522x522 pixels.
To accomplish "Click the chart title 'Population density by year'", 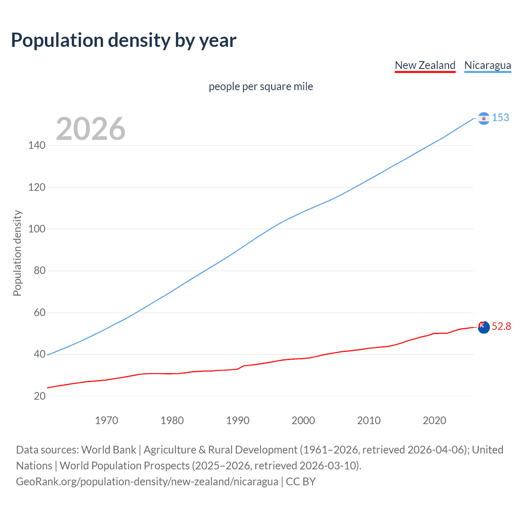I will (x=124, y=40).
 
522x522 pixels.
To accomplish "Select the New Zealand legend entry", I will (x=425, y=65).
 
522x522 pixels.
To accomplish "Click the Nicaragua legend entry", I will (x=487, y=65).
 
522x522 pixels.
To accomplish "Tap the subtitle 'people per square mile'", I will (x=261, y=86).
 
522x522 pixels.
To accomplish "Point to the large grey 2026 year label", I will (x=91, y=129).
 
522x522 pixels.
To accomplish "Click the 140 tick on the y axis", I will (x=37, y=146).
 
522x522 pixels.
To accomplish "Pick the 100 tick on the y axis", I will (x=37, y=229).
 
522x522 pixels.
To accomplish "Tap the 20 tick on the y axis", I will (x=39, y=396).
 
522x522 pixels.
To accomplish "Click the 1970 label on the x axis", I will (x=106, y=420).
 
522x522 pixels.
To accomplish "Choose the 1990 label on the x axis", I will (x=238, y=420).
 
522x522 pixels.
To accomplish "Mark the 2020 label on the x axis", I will (x=434, y=420).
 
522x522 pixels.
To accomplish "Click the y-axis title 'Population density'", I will (x=17, y=253).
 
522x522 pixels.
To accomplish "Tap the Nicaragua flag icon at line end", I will (x=483, y=118).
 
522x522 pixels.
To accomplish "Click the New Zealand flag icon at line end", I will (x=483, y=327).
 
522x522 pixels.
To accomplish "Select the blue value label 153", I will (x=500, y=118).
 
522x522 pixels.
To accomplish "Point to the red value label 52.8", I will (x=501, y=327).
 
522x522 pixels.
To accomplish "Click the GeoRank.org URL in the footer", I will (x=147, y=482).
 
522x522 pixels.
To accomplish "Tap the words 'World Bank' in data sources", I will (x=108, y=450).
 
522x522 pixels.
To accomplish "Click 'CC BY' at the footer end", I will (x=301, y=482).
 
